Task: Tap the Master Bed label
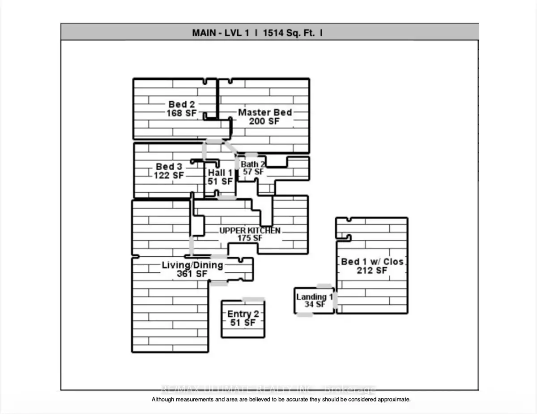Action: point(264,112)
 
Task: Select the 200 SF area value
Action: point(264,121)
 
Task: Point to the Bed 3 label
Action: point(169,167)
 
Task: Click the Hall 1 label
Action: point(220,172)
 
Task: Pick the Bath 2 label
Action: point(253,164)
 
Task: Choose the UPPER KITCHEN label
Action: point(250,230)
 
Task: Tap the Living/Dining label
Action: point(192,265)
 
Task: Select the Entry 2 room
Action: point(243,319)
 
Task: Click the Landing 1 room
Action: point(315,300)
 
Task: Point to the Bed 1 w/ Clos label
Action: point(372,262)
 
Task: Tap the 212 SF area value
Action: point(372,271)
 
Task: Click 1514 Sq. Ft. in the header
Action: point(282,32)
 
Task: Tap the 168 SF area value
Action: point(181,113)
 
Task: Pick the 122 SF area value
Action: point(169,176)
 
